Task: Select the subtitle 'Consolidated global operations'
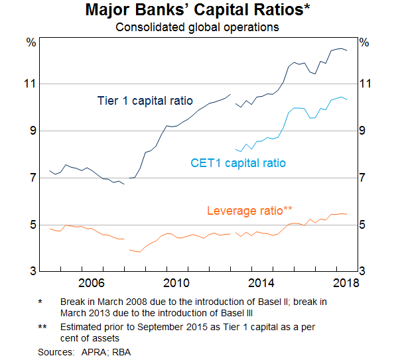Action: (197, 27)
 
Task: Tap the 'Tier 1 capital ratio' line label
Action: (145, 101)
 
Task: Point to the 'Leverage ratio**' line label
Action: (249, 211)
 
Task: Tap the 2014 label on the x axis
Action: (261, 283)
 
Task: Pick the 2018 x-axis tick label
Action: (345, 283)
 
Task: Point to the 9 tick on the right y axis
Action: (364, 131)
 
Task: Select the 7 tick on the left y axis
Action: (31, 178)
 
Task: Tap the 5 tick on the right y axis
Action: (364, 225)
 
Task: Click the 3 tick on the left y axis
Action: (31, 272)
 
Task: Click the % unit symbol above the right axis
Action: (364, 43)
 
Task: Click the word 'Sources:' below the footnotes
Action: (56, 352)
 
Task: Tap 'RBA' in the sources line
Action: (122, 352)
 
